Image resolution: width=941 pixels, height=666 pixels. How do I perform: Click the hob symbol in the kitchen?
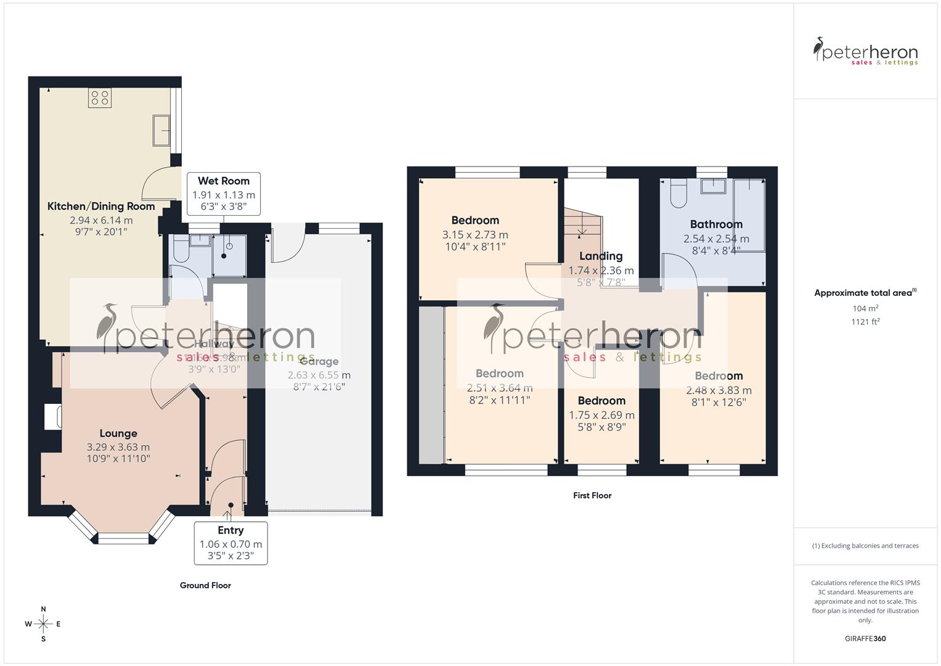point(100,97)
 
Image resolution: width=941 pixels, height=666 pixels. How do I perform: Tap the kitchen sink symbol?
point(161,130)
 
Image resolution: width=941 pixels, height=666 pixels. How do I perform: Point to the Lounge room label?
point(118,434)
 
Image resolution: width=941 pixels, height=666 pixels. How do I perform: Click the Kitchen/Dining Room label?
point(101,206)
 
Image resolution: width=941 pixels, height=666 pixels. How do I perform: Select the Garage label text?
point(319,362)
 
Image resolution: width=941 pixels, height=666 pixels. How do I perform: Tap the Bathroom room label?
point(716,224)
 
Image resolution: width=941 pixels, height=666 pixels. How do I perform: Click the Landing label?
point(601,256)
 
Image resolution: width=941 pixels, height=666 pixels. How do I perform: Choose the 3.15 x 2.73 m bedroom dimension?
point(475,234)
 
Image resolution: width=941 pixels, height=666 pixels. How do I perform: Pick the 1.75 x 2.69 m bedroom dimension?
point(601,415)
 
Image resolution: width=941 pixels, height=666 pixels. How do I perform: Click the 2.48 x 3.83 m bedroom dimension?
point(719,390)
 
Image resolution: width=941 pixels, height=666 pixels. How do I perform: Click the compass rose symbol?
point(43,624)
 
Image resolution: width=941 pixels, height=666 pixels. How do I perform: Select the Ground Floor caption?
point(205,585)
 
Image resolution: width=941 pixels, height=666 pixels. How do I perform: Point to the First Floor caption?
point(592,495)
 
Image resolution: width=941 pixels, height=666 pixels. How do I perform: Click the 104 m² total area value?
point(865,308)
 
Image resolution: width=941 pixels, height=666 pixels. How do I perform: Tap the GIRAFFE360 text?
point(865,638)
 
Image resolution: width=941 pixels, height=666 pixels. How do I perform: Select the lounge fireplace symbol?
point(52,416)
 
